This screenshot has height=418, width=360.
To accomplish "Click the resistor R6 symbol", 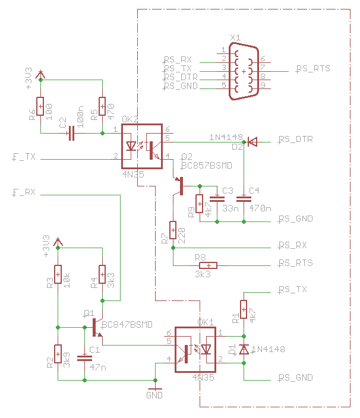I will coord(40,106).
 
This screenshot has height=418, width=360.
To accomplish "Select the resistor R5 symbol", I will coord(102,106).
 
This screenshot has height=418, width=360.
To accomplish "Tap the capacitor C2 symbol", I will coord(71,134).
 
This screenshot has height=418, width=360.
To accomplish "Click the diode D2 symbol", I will coord(252,141).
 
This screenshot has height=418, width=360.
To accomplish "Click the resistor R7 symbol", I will coord(173,230).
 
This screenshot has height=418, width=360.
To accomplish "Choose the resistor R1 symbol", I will coord(244,310).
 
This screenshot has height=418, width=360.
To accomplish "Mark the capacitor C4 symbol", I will coord(244,198).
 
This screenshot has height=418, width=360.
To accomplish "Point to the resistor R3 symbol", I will coord(58,274).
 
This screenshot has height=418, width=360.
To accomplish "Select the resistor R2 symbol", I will coord(58,354).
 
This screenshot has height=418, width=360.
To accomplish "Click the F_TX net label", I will coord(24,157).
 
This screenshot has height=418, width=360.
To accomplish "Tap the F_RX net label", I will coord(24,192).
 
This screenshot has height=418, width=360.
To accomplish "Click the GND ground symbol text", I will coord(154,394).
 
